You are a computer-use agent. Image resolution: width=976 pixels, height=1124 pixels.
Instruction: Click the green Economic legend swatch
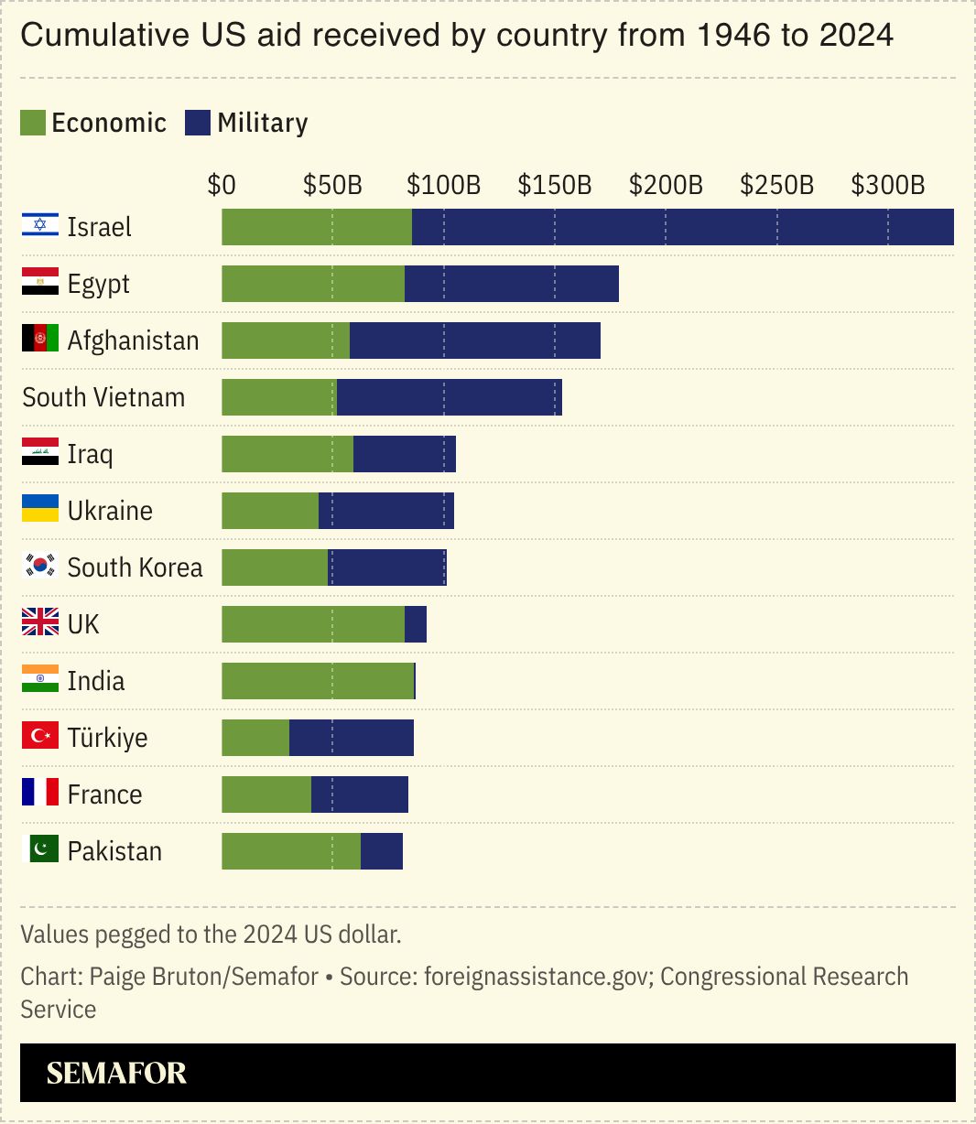point(33,123)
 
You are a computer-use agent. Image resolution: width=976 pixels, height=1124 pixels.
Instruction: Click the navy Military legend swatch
point(198,123)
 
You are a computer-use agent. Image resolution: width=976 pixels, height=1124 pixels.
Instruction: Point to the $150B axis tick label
point(554,185)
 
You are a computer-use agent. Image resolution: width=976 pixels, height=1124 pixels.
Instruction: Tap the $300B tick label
point(887,185)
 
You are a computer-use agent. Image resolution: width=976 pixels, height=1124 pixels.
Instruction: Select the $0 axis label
point(222,185)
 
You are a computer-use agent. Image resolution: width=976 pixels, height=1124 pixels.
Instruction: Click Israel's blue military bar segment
point(682,227)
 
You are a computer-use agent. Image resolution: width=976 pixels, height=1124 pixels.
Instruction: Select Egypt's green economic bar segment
point(312,284)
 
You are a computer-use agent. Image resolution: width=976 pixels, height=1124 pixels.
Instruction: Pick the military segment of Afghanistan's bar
point(474,340)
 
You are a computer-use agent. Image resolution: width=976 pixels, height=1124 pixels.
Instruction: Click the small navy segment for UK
point(416,624)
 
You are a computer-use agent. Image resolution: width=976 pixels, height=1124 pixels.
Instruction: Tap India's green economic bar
point(318,681)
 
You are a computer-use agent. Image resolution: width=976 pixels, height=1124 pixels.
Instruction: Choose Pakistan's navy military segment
point(382,851)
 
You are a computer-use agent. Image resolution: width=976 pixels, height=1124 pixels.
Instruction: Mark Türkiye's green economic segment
point(255,738)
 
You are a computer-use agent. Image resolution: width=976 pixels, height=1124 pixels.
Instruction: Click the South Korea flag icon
point(40,567)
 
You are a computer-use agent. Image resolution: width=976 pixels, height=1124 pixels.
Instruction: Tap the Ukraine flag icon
point(40,509)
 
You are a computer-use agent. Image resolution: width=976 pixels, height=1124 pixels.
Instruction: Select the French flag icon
point(40,793)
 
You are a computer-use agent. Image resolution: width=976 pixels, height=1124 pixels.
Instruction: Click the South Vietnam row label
point(103,397)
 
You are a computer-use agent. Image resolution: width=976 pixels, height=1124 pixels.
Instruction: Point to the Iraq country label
point(90,454)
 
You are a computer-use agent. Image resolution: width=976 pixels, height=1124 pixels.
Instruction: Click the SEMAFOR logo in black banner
point(116,1073)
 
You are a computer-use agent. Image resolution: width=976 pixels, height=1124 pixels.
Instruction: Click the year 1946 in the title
point(732,36)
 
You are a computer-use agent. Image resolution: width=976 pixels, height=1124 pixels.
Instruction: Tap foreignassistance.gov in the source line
point(536,977)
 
